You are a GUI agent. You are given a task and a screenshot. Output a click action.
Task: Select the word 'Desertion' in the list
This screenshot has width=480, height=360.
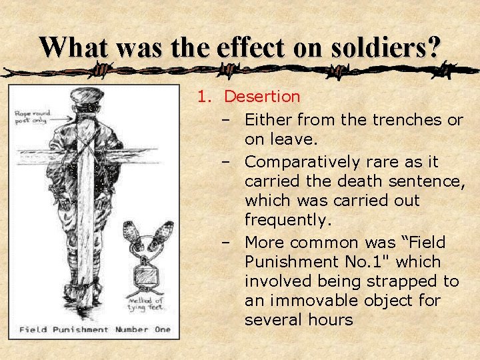262,97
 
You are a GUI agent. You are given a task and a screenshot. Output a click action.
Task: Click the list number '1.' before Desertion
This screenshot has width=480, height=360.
204,97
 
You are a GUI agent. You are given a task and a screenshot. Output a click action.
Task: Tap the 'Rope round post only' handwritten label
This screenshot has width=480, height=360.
29,118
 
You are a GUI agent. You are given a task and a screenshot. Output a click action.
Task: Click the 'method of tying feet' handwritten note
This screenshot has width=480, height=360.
149,308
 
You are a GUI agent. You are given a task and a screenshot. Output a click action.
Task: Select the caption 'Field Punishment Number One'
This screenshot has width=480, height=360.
94,329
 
